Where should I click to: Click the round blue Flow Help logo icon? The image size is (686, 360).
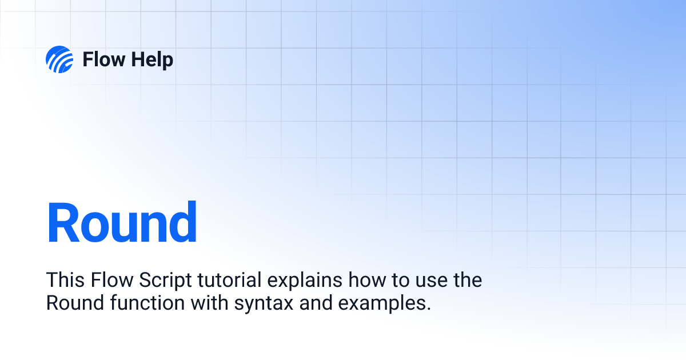59,59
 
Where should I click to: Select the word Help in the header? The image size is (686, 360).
150,59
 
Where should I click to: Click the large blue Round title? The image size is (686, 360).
122,223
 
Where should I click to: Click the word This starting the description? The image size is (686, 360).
65,281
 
